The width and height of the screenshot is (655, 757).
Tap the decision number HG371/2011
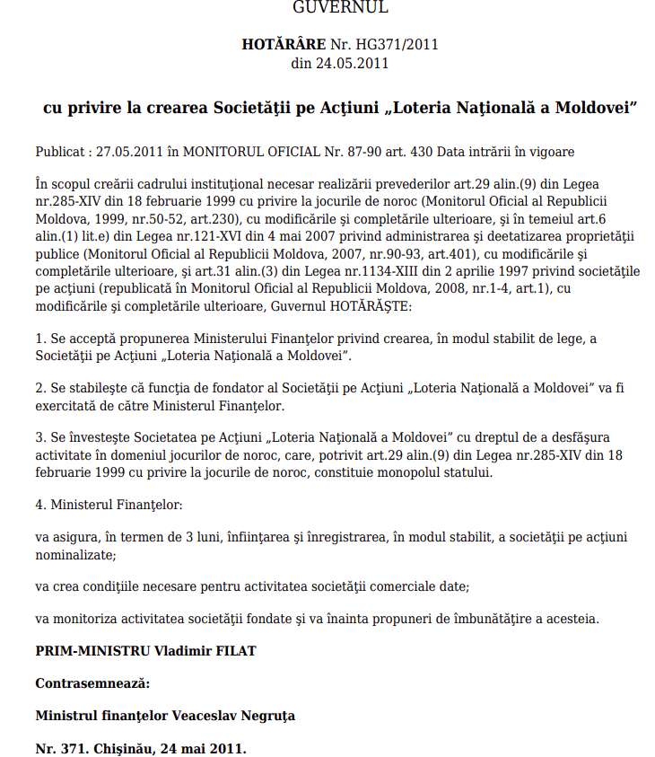pyautogui.click(x=395, y=43)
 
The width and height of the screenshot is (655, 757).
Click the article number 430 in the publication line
pyautogui.click(x=429, y=151)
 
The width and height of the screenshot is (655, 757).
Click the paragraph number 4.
pyautogui.click(x=40, y=505)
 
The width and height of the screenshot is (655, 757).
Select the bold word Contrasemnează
pyautogui.click(x=92, y=683)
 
